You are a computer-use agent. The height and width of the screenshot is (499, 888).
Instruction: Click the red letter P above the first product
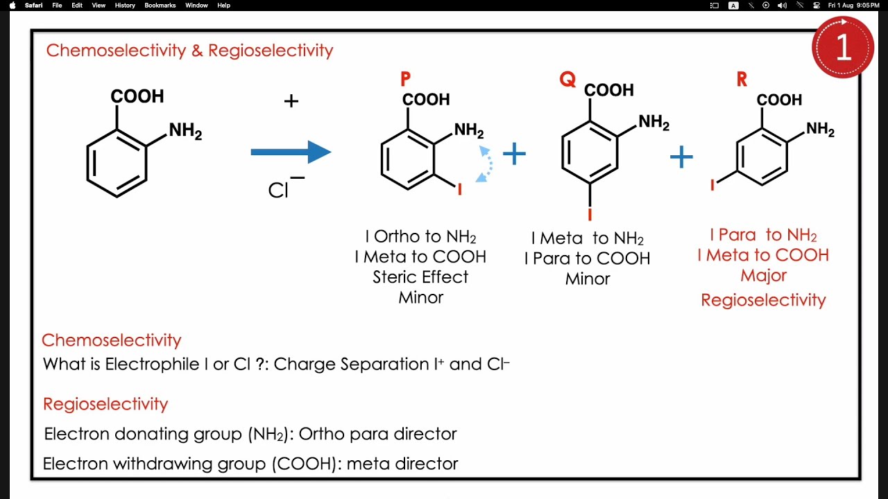(405, 79)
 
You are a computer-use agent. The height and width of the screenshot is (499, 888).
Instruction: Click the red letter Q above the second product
(567, 80)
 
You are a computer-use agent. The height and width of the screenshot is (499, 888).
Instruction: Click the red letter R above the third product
(742, 80)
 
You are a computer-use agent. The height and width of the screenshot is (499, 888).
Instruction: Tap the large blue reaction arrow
(291, 152)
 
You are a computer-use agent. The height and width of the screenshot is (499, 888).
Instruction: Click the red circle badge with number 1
(842, 47)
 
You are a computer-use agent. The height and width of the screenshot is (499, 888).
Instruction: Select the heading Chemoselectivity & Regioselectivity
(189, 51)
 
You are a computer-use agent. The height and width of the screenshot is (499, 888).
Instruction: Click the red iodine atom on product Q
(590, 214)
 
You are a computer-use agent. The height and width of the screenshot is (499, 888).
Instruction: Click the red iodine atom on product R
(712, 184)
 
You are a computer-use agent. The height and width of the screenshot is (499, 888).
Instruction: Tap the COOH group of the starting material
(137, 96)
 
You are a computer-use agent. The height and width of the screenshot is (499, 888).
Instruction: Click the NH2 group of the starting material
(185, 131)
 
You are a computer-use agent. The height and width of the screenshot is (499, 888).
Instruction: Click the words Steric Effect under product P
(420, 277)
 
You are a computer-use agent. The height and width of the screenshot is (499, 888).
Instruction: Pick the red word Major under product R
(763, 276)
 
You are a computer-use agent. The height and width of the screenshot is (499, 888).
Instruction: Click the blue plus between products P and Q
(514, 154)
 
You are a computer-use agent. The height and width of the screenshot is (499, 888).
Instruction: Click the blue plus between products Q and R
(681, 157)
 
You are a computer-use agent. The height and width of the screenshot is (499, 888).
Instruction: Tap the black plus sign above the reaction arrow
(291, 101)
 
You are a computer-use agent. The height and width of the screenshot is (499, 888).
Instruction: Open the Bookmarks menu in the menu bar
(160, 6)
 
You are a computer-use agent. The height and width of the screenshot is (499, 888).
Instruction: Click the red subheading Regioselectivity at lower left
(105, 404)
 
